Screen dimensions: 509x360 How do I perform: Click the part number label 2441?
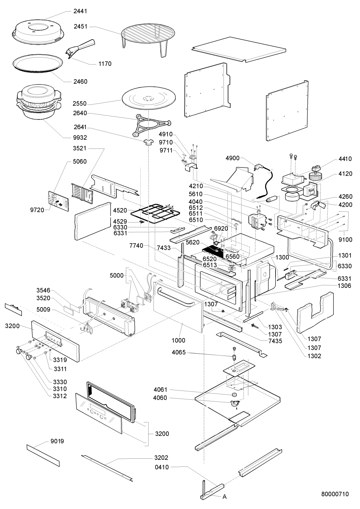pyautogui.click(x=81, y=11)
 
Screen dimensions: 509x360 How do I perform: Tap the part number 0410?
pyautogui.click(x=162, y=467)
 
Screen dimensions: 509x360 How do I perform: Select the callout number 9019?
pyautogui.click(x=57, y=441)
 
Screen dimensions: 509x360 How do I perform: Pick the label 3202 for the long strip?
pyautogui.click(x=161, y=457)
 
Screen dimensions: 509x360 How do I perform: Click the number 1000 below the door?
pyautogui.click(x=179, y=340)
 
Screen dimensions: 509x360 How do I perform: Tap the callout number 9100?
pyautogui.click(x=346, y=239)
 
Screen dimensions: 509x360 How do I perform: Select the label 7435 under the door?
pyautogui.click(x=275, y=341)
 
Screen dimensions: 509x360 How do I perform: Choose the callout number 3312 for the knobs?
pyautogui.click(x=60, y=396)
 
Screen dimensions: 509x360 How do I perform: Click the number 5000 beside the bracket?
pyautogui.click(x=117, y=275)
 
